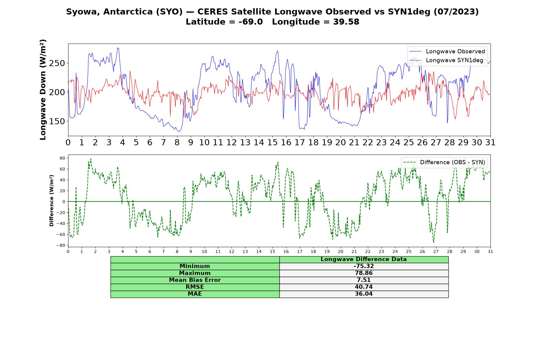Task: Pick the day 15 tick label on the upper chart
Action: (x=272, y=142)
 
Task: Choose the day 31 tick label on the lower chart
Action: (x=490, y=252)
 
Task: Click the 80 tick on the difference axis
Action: (x=62, y=158)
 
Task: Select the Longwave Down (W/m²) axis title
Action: (x=43, y=90)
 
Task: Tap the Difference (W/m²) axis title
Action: (x=51, y=201)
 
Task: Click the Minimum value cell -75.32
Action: (x=364, y=266)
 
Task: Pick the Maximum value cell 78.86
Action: (x=364, y=273)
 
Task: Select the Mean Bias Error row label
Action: (x=195, y=280)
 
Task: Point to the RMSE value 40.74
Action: (x=364, y=287)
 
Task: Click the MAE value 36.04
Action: (x=364, y=294)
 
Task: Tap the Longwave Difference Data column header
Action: (x=364, y=259)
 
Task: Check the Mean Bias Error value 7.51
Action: (x=364, y=280)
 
